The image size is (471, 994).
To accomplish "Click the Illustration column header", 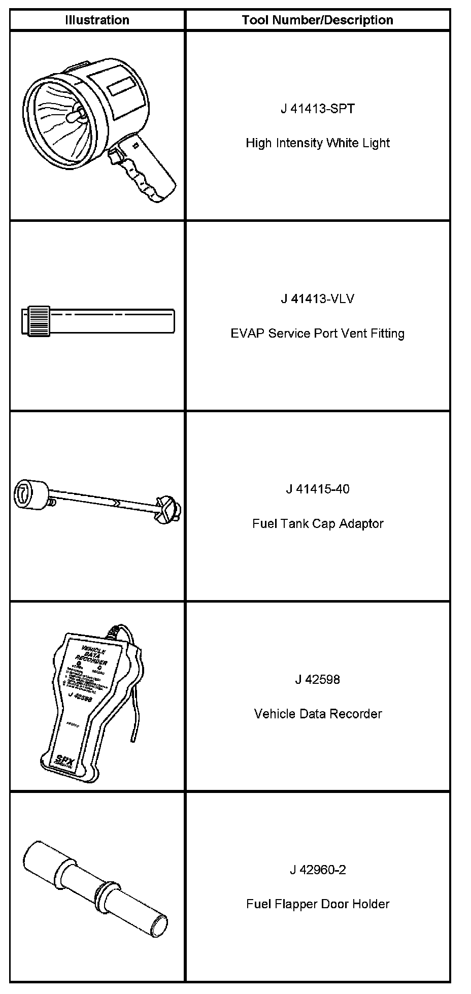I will [97, 20].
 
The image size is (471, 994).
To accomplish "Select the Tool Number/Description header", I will [317, 20].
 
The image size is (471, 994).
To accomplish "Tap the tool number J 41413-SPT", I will [317, 109].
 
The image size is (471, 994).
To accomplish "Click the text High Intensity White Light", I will [317, 143].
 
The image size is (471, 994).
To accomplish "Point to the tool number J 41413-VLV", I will [317, 299].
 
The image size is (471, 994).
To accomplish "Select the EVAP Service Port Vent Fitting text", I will [317, 334].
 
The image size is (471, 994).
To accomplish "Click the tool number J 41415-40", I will [317, 489].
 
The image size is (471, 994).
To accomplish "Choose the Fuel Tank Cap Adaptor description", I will [317, 523].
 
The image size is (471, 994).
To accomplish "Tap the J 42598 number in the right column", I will [317, 680].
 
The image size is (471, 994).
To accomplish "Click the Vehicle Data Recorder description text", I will [317, 714].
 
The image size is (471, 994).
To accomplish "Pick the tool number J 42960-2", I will [317, 870].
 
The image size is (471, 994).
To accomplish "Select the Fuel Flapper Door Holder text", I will [317, 904].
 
